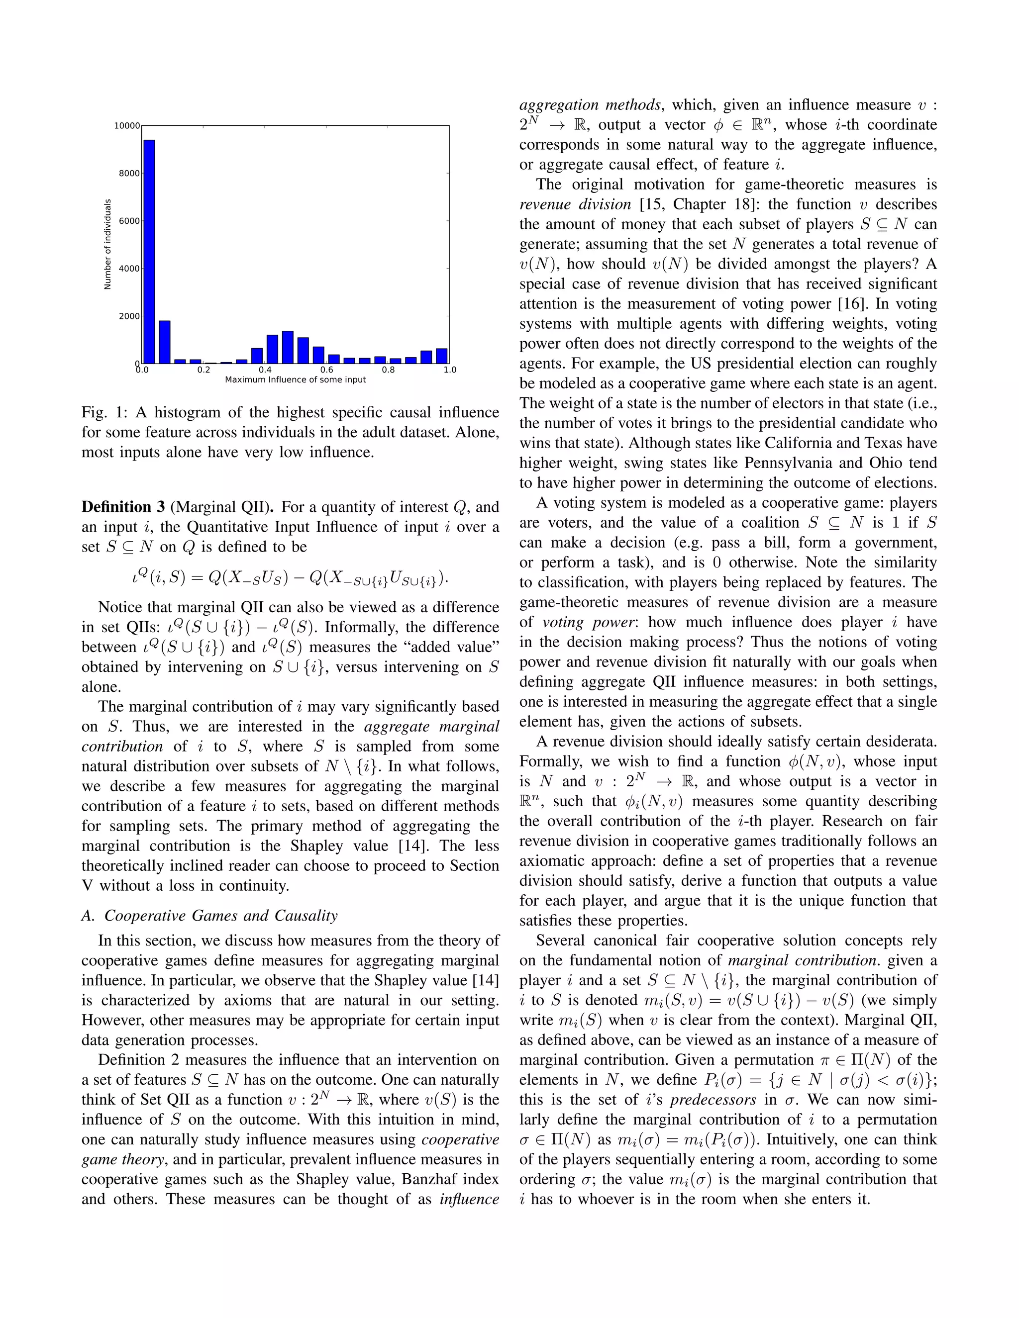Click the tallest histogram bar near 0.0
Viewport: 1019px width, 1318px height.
coord(149,251)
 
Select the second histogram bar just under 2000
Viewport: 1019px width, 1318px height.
coord(165,342)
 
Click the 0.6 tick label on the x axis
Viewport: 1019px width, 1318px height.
coord(326,370)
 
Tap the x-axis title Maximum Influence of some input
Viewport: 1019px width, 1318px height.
coord(295,379)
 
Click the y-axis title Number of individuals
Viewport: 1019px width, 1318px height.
coord(108,244)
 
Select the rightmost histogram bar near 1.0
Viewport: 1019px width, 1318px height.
coord(442,356)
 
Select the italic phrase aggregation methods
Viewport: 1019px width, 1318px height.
coord(590,104)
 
